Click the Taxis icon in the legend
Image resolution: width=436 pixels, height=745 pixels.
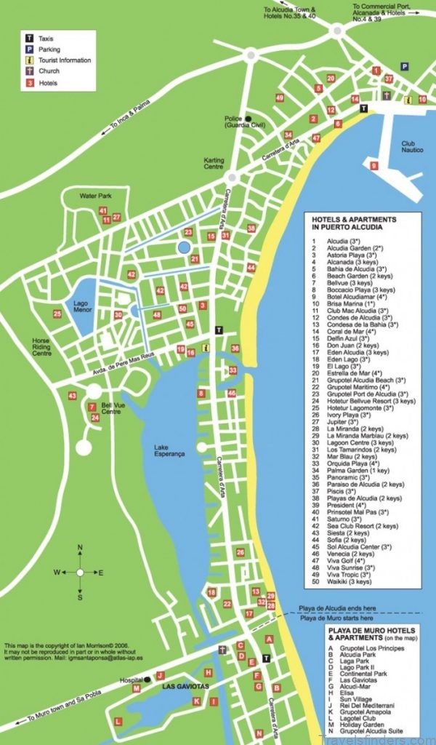pos(29,37)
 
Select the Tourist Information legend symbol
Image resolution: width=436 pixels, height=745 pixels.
pos(29,60)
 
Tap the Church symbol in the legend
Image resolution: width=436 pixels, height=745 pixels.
pos(29,71)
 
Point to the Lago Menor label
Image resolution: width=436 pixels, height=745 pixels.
pos(82,306)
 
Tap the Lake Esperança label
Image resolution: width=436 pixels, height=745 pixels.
pos(169,450)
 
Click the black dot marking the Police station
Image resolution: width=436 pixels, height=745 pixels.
pos(248,119)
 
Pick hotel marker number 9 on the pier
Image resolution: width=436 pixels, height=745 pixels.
pos(374,166)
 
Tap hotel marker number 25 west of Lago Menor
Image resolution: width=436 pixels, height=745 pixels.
pos(57,314)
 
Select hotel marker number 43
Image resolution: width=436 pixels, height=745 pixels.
pos(72,396)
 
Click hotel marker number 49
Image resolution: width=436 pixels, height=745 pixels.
pos(280,97)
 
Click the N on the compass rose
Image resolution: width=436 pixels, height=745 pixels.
pos(80,546)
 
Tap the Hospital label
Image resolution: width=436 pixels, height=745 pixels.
pos(133,681)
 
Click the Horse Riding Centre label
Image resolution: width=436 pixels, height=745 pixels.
pos(42,347)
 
